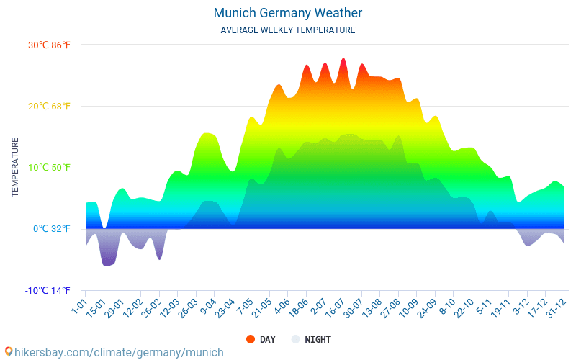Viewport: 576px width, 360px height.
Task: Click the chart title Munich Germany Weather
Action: point(288,13)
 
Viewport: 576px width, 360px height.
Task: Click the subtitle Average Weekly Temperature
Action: point(288,30)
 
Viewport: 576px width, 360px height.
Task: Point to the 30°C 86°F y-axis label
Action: point(49,45)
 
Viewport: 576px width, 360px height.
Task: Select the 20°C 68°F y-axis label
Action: point(49,107)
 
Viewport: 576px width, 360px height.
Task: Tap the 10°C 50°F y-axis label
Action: point(49,168)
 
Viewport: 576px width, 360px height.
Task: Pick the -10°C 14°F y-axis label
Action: point(48,291)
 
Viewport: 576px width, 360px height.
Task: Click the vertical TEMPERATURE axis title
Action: point(14,168)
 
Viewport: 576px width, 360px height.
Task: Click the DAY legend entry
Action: point(261,339)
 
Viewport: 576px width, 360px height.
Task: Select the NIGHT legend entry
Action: point(311,339)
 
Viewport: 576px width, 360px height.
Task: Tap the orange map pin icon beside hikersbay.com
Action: point(9,352)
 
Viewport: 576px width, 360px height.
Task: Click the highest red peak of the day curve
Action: point(343,60)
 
